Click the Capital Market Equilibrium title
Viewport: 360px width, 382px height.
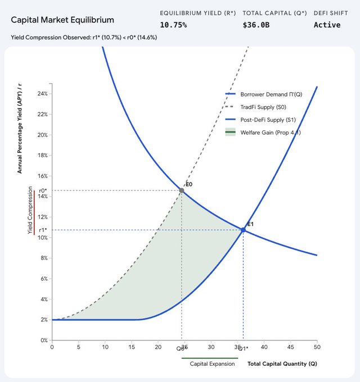tap(62, 20)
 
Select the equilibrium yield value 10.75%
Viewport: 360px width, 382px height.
tap(173, 25)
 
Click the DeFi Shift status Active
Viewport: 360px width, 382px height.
tap(327, 25)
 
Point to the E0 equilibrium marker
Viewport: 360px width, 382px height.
tap(182, 190)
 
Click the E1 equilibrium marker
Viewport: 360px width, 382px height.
tap(243, 230)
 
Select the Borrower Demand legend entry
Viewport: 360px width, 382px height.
tap(263, 94)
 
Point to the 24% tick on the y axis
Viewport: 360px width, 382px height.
tap(42, 93)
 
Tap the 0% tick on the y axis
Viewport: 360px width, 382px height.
tap(43, 340)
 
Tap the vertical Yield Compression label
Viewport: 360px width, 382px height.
tap(30, 211)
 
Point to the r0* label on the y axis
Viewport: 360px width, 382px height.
tap(43, 190)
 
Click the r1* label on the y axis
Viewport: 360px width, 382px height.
tap(43, 230)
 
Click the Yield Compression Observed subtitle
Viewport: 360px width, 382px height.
tap(84, 38)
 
